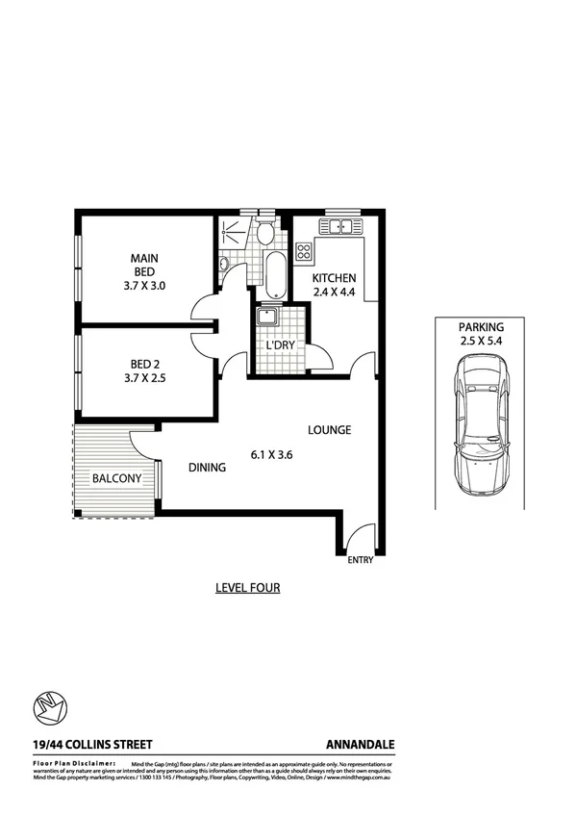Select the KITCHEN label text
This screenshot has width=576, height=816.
[334, 278]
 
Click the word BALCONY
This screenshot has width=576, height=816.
[117, 478]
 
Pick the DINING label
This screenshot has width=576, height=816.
[207, 468]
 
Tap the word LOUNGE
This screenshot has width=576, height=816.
[329, 430]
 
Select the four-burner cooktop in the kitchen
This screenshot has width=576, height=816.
[304, 252]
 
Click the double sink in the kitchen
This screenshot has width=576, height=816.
[340, 226]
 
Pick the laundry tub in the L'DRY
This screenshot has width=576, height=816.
[265, 319]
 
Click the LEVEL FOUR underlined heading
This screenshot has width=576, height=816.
[247, 587]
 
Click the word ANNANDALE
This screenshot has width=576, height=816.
[361, 744]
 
